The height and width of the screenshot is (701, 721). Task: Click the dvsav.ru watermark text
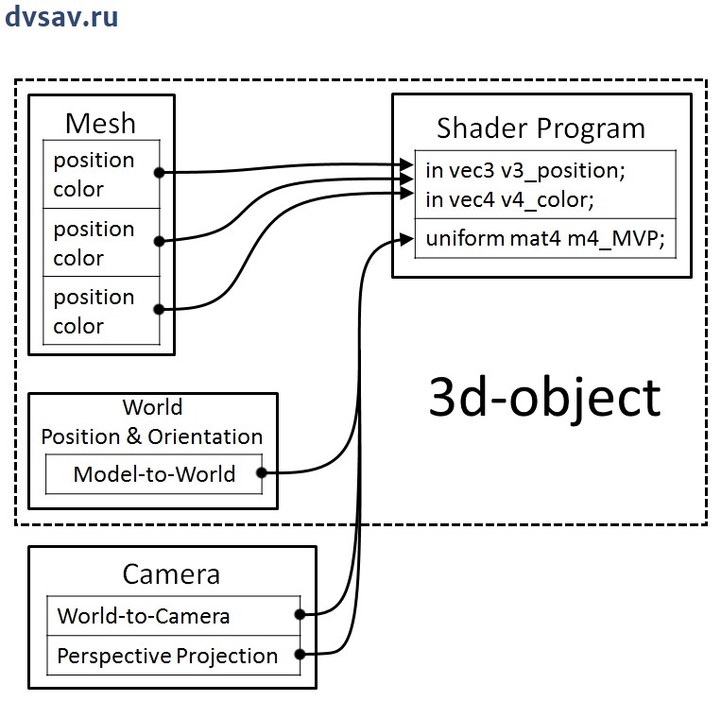[x=61, y=18]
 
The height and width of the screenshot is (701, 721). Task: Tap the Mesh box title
[x=100, y=123]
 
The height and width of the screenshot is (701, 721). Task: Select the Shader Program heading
[x=541, y=128]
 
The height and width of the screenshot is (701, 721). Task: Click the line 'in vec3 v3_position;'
[x=525, y=171]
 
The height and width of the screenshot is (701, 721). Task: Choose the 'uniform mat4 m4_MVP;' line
[x=545, y=239]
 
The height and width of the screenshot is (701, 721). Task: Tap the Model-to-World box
[x=154, y=473]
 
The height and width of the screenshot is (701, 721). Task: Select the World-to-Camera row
[x=144, y=616]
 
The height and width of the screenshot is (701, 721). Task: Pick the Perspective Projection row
[x=167, y=656]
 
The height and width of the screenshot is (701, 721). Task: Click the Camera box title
[x=171, y=574]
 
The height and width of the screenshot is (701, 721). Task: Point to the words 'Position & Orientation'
[x=152, y=436]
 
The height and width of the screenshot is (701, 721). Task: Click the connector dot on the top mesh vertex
[x=160, y=173]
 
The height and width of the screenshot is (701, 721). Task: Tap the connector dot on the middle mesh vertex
[x=160, y=242]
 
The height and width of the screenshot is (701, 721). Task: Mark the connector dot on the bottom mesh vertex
[x=160, y=309]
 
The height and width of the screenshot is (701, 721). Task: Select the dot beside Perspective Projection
[x=300, y=654]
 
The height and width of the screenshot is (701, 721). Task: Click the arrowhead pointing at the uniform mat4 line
[x=409, y=239]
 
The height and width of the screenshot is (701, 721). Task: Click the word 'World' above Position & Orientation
[x=152, y=408]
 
